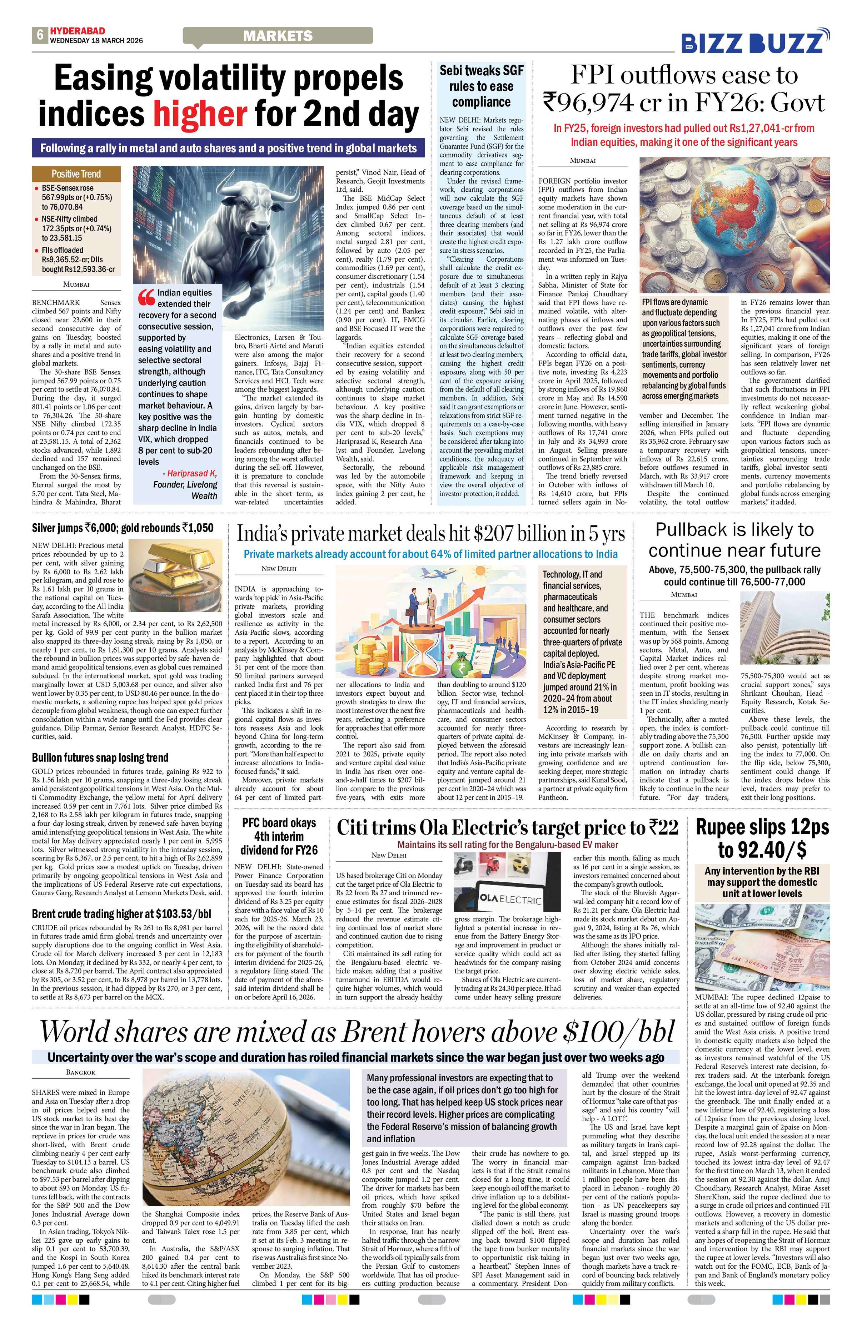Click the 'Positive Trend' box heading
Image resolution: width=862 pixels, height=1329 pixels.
(76, 173)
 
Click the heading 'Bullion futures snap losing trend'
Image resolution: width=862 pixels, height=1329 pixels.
(100, 758)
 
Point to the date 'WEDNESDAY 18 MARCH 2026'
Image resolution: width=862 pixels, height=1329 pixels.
(96, 41)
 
